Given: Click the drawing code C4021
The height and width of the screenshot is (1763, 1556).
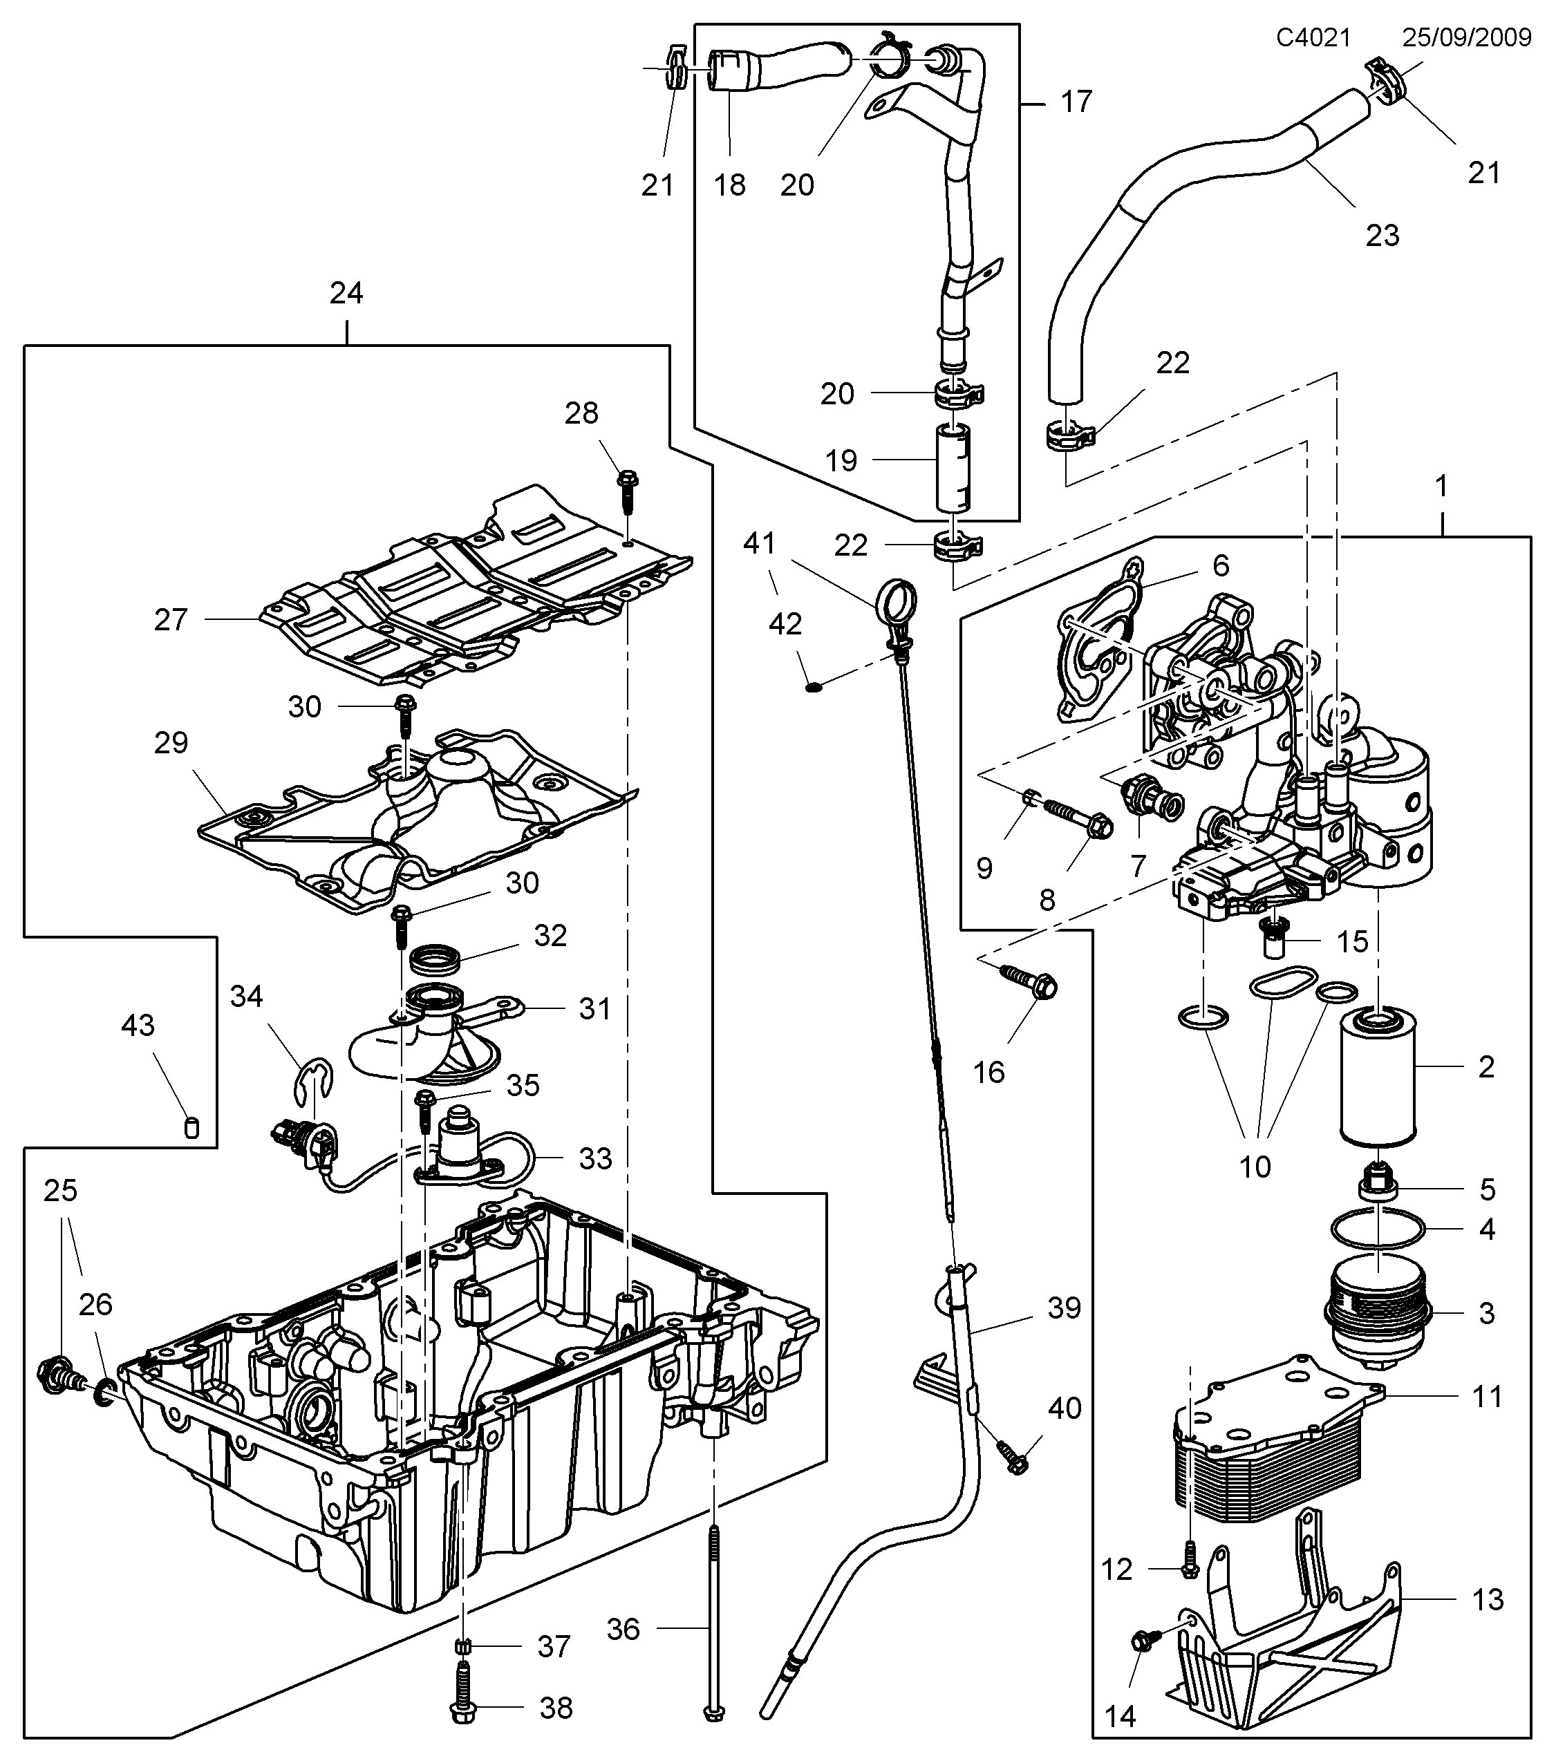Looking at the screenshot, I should point(1313,37).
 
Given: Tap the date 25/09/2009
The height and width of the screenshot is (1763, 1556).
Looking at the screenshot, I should point(1466,37).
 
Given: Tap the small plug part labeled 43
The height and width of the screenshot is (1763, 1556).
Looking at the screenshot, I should point(192,1127).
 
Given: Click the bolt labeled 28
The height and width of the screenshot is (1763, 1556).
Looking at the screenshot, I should point(627,491).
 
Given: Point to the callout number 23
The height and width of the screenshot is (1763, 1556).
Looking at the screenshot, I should point(1382,234).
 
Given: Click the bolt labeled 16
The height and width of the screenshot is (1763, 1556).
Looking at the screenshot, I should point(1029,981).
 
